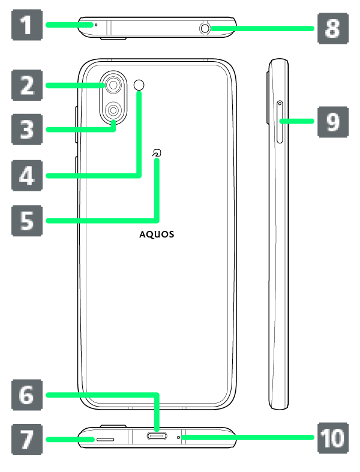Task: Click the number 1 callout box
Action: pyautogui.click(x=27, y=26)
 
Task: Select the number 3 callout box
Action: pyautogui.click(x=27, y=129)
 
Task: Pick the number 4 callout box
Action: pyautogui.click(x=27, y=176)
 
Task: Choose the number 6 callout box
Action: pyautogui.click(x=27, y=395)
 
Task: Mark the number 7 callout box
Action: pyautogui.click(x=27, y=440)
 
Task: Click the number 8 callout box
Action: pyautogui.click(x=332, y=28)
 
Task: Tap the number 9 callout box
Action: pyautogui.click(x=332, y=121)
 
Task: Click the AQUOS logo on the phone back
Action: pyautogui.click(x=157, y=235)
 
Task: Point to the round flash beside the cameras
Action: pyautogui.click(x=140, y=85)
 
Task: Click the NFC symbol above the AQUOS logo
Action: pyautogui.click(x=157, y=155)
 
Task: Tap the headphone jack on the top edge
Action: pyautogui.click(x=205, y=28)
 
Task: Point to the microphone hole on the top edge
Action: pyautogui.click(x=95, y=25)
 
